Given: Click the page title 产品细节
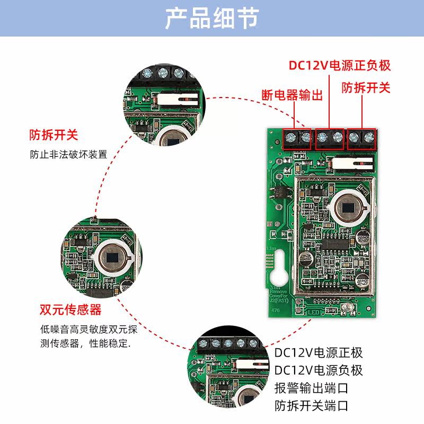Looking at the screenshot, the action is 211,18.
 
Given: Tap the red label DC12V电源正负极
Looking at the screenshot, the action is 339,66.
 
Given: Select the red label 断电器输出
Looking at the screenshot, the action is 293,95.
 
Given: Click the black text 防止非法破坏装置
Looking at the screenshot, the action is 68,155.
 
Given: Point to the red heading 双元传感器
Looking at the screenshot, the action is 70,310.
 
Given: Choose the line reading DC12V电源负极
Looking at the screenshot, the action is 319,370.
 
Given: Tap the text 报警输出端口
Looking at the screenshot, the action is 312,388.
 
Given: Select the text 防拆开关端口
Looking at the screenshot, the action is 312,406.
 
